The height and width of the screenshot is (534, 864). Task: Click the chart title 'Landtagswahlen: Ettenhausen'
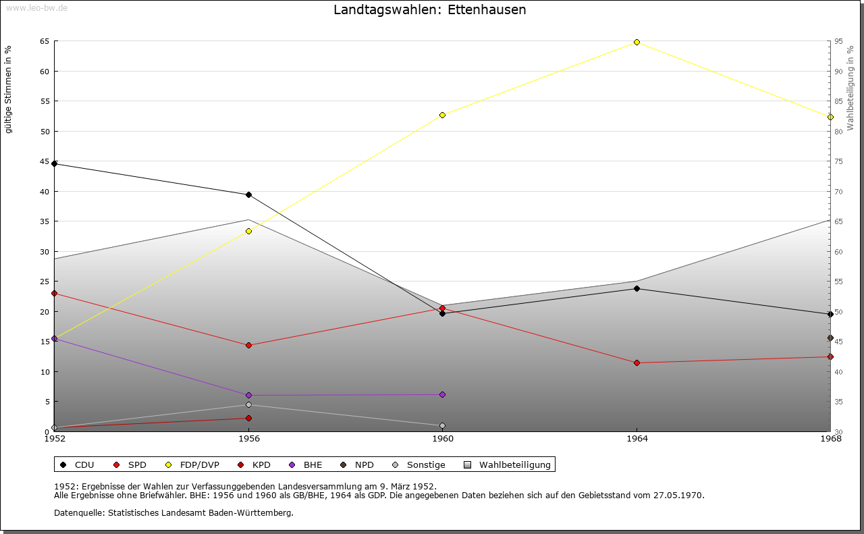[430, 10]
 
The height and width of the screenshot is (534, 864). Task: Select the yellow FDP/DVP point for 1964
[637, 42]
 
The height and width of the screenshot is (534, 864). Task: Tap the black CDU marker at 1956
[248, 195]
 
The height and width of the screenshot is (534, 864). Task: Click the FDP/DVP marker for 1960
[442, 115]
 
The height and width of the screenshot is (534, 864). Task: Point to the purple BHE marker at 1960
[442, 394]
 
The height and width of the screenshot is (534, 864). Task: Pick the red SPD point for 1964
[637, 363]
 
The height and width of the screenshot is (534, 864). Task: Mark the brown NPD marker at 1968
[830, 338]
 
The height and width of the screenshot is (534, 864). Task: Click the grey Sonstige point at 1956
[248, 405]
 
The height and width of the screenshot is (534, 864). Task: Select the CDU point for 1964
[637, 289]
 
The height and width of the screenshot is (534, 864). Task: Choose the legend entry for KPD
[261, 464]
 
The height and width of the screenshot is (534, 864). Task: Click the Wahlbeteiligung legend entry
[514, 464]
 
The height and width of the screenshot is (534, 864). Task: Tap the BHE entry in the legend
[312, 464]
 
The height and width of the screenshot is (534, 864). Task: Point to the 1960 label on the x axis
[443, 439]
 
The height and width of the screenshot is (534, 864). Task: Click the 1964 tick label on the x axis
[637, 439]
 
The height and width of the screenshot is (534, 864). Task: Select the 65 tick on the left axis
[45, 41]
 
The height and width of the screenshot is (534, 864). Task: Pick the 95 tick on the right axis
[838, 41]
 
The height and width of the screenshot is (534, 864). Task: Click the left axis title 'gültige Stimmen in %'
[9, 90]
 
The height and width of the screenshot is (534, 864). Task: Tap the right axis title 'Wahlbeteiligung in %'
[850, 88]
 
